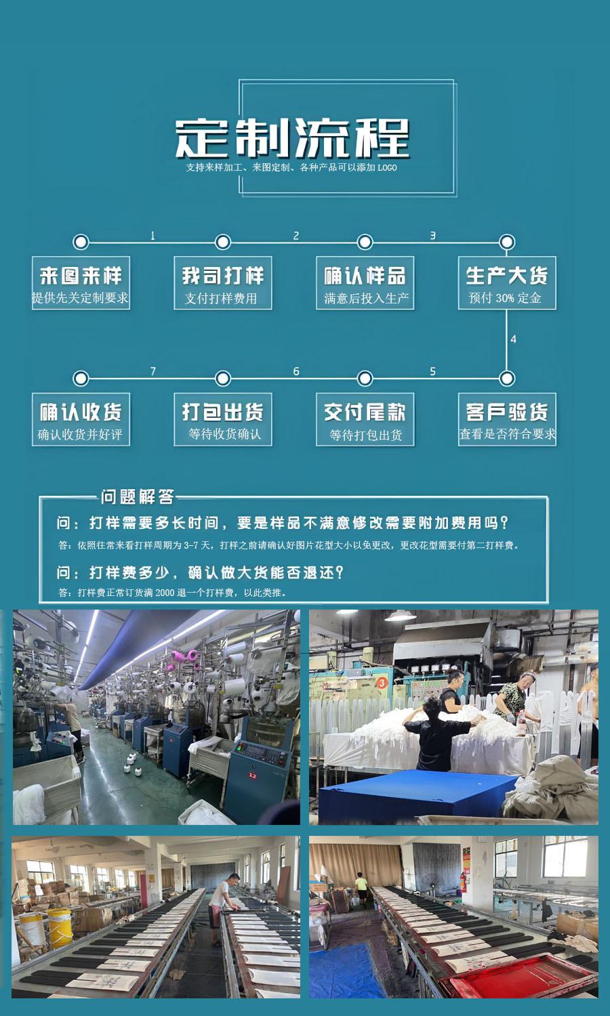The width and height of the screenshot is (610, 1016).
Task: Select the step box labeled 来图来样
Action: pyautogui.click(x=81, y=283)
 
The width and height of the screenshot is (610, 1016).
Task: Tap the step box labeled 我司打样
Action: pyautogui.click(x=222, y=283)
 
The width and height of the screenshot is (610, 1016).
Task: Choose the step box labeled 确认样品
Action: pyautogui.click(x=365, y=283)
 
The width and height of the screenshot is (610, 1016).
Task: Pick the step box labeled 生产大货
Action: pyautogui.click(x=506, y=283)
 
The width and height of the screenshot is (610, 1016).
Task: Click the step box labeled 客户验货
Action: pyautogui.click(x=506, y=419)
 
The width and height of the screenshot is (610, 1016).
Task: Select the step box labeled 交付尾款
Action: pyautogui.click(x=365, y=419)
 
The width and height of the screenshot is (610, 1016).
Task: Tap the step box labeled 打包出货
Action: pyautogui.click(x=222, y=419)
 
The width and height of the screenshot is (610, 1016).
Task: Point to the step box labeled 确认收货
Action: pyautogui.click(x=81, y=419)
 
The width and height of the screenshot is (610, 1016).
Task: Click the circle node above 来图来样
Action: pyautogui.click(x=81, y=242)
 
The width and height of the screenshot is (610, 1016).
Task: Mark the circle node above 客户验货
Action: pyautogui.click(x=506, y=378)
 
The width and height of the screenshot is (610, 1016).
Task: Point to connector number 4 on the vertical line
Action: pyautogui.click(x=513, y=339)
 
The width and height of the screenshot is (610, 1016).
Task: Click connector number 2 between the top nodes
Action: pyautogui.click(x=296, y=236)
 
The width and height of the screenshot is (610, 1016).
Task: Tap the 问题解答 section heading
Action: pyautogui.click(x=137, y=496)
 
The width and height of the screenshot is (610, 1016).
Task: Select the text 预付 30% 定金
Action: pyautogui.click(x=505, y=298)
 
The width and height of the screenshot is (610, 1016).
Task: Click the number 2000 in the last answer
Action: pyautogui.click(x=165, y=593)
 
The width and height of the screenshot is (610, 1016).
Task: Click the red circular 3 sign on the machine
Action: pyautogui.click(x=382, y=683)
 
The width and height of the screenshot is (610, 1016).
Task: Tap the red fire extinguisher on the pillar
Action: pyautogui.click(x=463, y=881)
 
